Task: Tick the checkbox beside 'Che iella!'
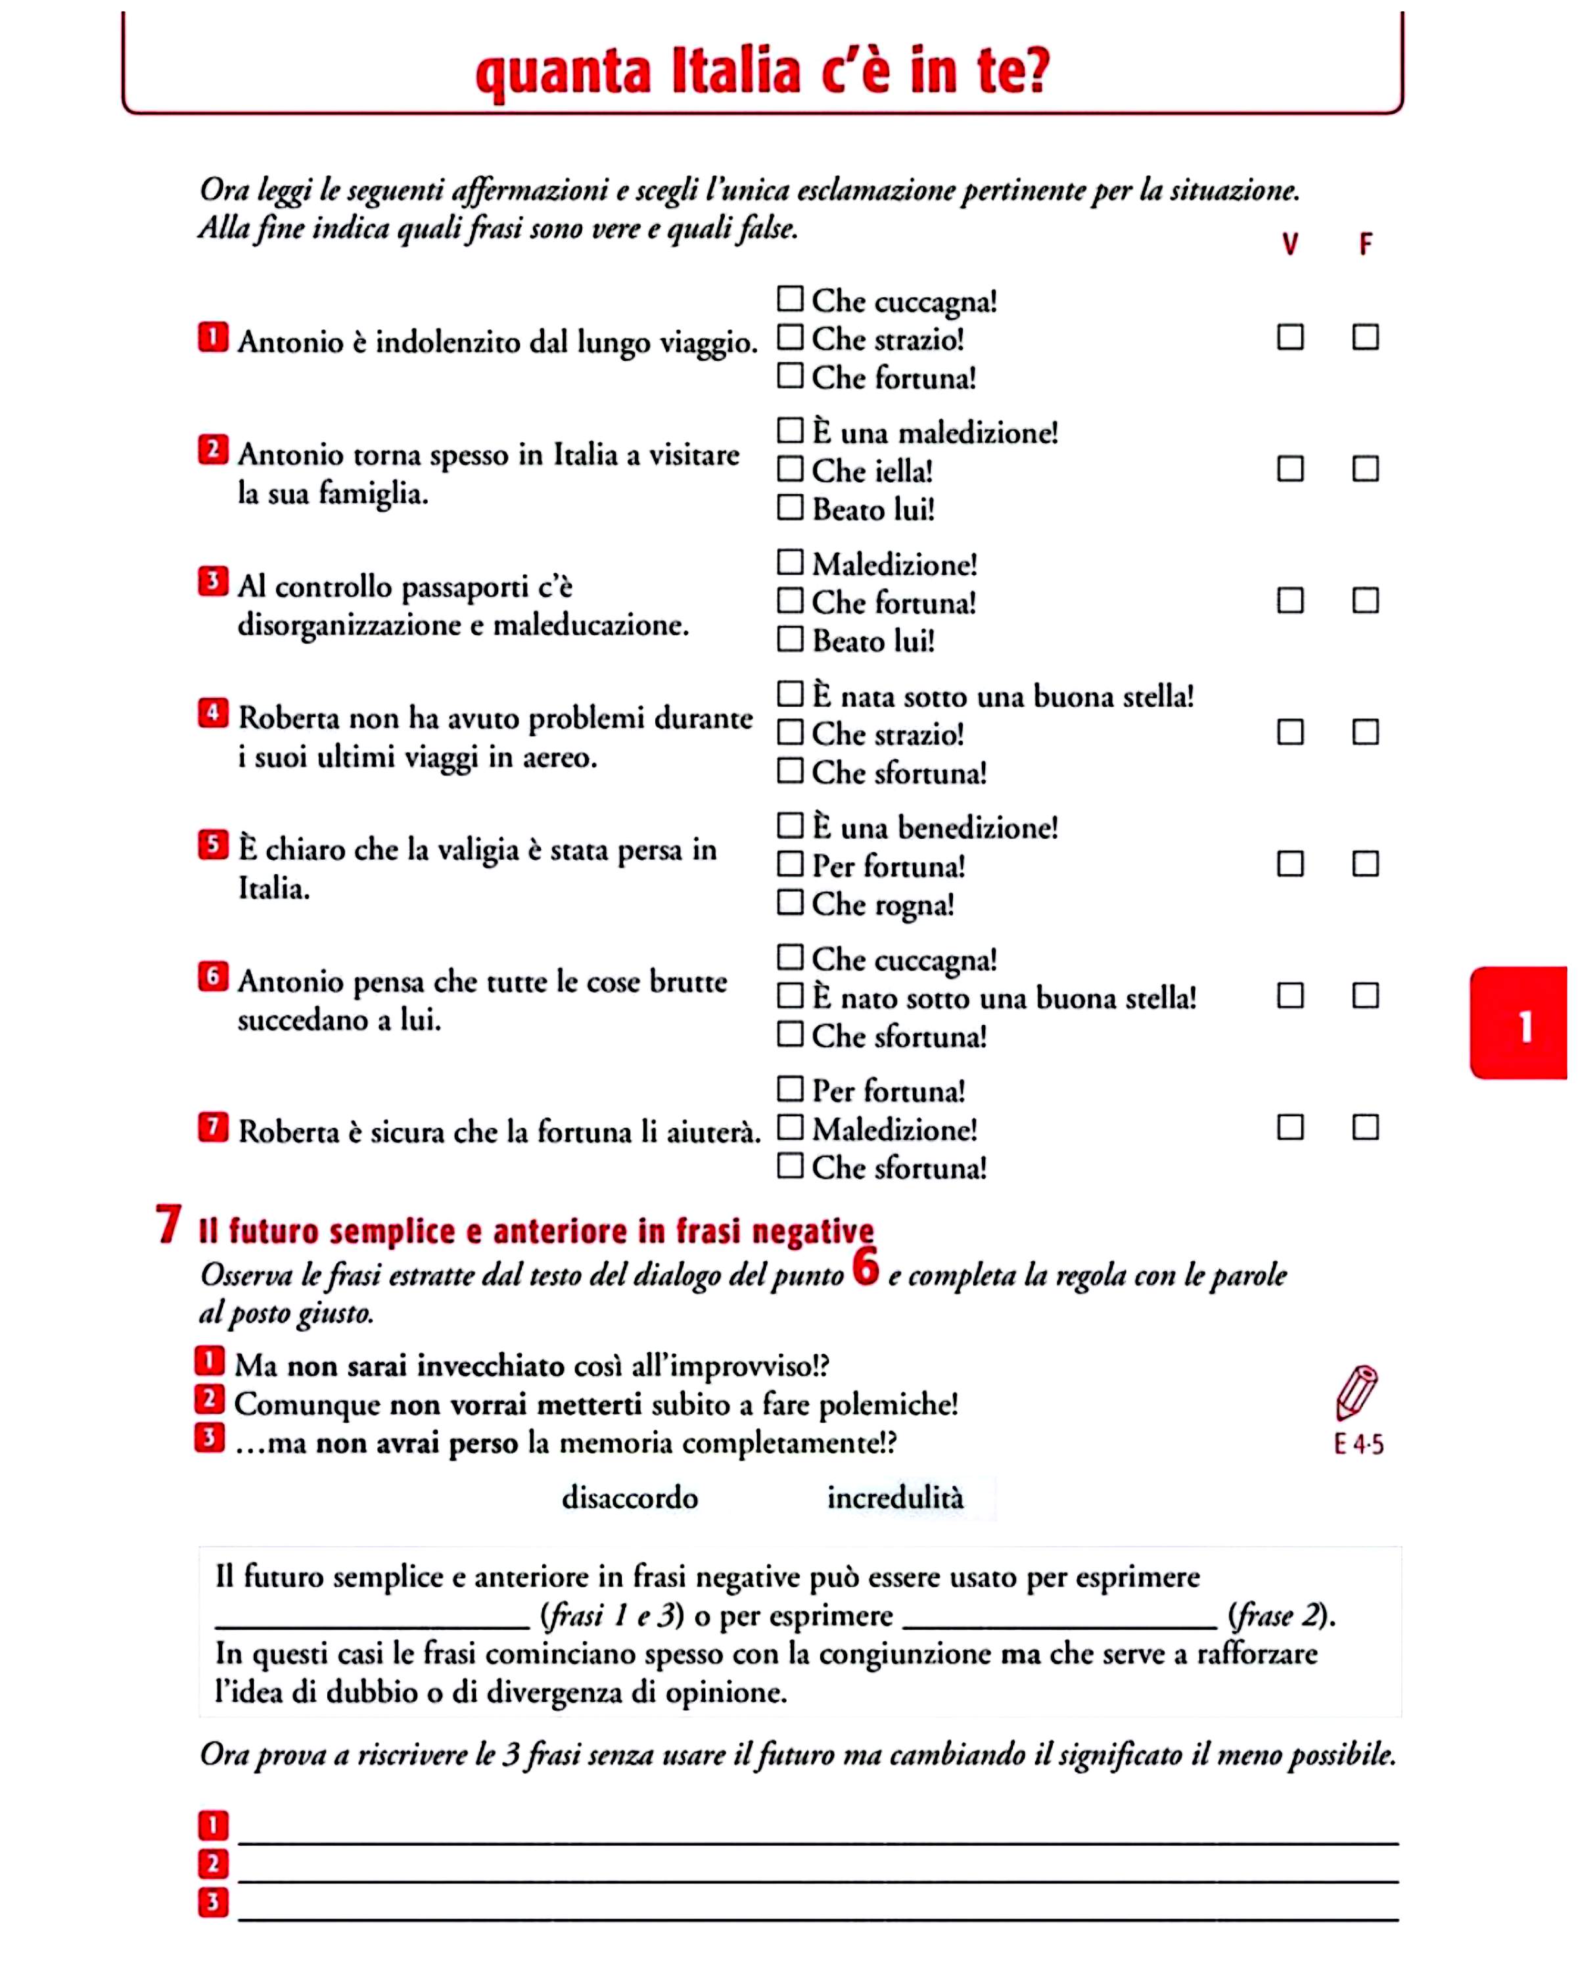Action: [790, 469]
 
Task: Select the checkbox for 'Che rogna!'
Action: [790, 903]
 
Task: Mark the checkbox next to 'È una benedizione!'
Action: [790, 826]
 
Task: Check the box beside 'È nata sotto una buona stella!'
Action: [790, 694]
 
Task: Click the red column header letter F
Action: [1365, 245]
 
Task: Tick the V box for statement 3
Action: [1290, 601]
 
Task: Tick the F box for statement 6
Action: [1365, 995]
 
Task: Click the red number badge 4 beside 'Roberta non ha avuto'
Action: [212, 713]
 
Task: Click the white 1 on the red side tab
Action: [1525, 1027]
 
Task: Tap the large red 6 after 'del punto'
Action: [865, 1267]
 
